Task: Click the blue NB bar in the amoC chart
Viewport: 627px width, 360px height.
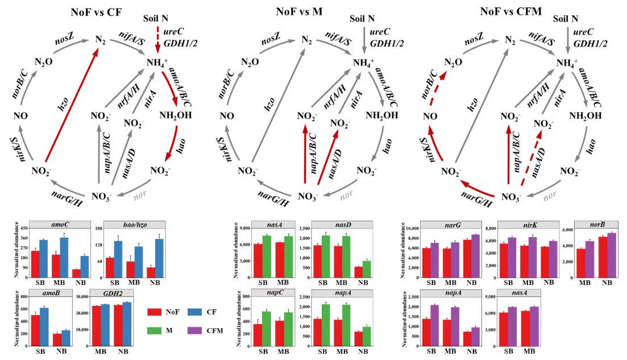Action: (85, 265)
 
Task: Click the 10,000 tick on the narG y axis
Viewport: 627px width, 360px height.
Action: (412, 228)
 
